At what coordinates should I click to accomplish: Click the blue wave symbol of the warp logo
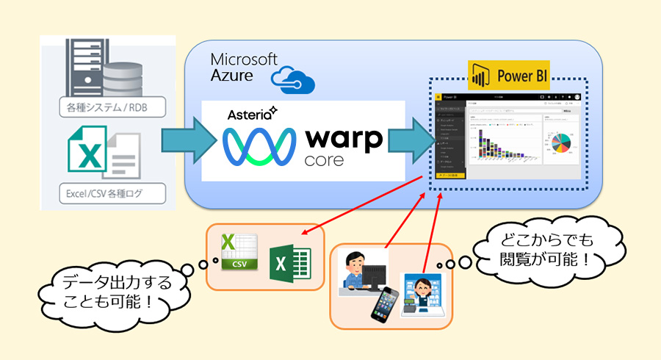click(255, 143)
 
